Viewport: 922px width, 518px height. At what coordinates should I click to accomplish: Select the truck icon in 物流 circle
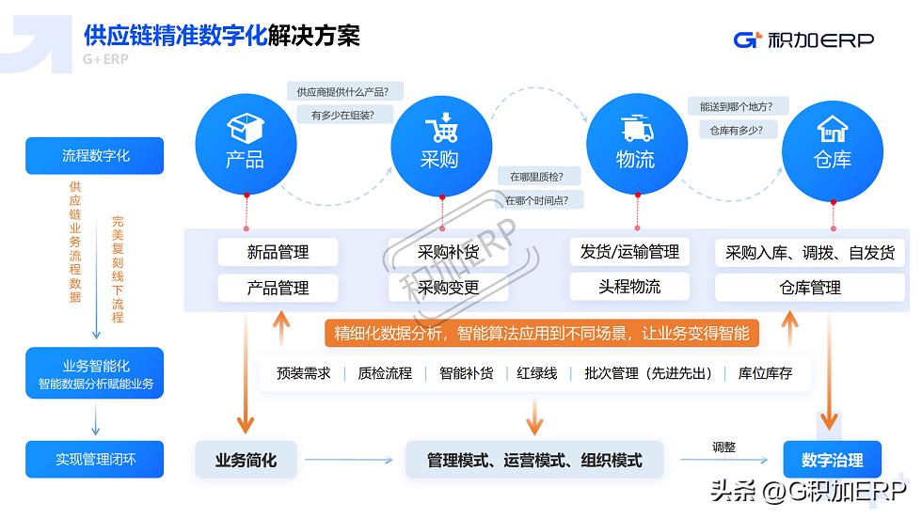(636, 129)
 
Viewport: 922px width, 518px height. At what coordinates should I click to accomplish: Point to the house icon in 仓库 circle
(833, 128)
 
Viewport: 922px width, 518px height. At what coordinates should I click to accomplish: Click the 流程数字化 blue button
(95, 156)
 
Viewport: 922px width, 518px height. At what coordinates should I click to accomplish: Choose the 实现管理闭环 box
(95, 460)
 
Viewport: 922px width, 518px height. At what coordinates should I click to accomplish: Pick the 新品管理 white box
(278, 252)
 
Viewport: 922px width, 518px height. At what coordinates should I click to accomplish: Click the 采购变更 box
(449, 288)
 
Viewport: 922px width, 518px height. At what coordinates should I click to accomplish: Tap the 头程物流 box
(629, 287)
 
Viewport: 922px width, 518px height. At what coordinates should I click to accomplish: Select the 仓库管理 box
(810, 288)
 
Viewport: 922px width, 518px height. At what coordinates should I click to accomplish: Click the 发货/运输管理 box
(629, 252)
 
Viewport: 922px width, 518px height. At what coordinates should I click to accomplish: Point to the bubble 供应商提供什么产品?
(342, 92)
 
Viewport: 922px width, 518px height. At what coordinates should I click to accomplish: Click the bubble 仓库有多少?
(731, 131)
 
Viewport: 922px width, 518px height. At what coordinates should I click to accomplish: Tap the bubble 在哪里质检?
(544, 176)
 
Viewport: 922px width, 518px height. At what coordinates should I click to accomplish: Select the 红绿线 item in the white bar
(536, 373)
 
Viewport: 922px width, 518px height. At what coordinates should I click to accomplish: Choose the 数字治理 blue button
(832, 460)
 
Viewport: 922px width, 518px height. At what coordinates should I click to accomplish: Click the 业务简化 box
(246, 460)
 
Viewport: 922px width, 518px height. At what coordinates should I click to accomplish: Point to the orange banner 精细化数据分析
(542, 334)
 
